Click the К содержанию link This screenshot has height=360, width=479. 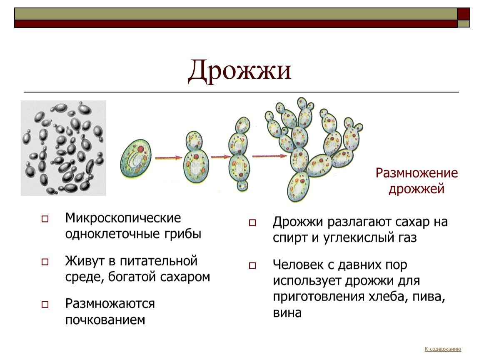443,349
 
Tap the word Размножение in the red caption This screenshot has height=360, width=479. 417,173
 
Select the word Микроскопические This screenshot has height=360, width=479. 123,218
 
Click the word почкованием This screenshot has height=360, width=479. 105,320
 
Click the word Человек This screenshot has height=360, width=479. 298,264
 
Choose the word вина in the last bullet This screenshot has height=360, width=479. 287,312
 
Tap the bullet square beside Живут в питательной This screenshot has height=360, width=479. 45,262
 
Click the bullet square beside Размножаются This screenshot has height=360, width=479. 45,305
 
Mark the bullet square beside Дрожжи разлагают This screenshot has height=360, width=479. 252,222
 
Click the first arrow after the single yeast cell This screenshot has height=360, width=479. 169,157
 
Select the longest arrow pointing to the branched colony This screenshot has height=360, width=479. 270,156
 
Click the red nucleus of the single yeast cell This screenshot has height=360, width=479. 140,149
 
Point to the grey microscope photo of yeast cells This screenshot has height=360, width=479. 63,148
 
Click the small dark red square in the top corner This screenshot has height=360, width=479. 464,14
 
